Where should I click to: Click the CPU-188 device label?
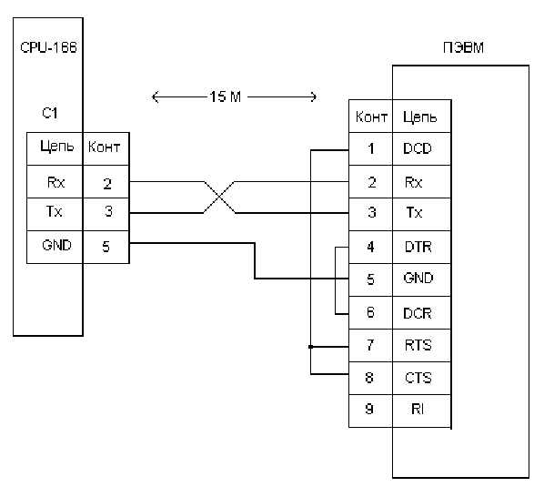[x=49, y=47]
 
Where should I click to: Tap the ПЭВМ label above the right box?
[x=463, y=47]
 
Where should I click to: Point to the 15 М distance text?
[x=225, y=96]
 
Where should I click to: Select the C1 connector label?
[x=50, y=113]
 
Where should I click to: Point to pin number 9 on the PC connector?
[x=369, y=409]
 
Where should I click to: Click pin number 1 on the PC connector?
[x=371, y=148]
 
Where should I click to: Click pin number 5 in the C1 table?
[x=106, y=246]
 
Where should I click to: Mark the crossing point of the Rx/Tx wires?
[x=219, y=198]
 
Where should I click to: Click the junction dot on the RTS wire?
[x=310, y=347]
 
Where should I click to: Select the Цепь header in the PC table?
[x=419, y=117]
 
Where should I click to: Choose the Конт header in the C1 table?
[x=104, y=147]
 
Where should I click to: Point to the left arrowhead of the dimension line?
[x=152, y=97]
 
